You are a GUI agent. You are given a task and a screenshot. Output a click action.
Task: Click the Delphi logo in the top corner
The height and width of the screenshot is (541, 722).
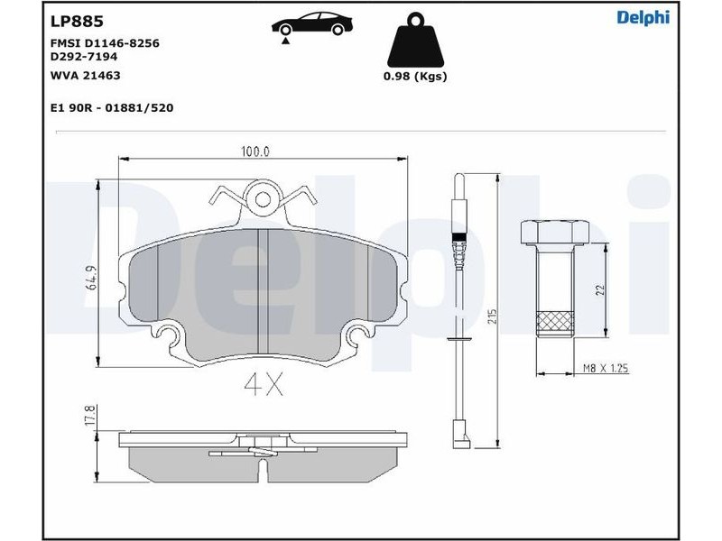(x=643, y=17)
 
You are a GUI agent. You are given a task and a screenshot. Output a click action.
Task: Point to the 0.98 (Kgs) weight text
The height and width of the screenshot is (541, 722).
(x=415, y=77)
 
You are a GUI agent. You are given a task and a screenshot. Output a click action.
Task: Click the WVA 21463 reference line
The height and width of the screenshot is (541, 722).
(x=85, y=76)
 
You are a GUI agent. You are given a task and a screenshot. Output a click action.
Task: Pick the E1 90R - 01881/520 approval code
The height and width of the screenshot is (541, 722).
(x=112, y=108)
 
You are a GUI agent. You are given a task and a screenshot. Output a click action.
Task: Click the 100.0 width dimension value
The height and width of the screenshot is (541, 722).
(x=255, y=151)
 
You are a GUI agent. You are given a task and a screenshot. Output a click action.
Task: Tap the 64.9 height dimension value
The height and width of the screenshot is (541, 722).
(x=92, y=278)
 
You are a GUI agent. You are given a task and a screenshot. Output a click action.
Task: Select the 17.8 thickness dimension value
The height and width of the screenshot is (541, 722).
(x=91, y=415)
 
